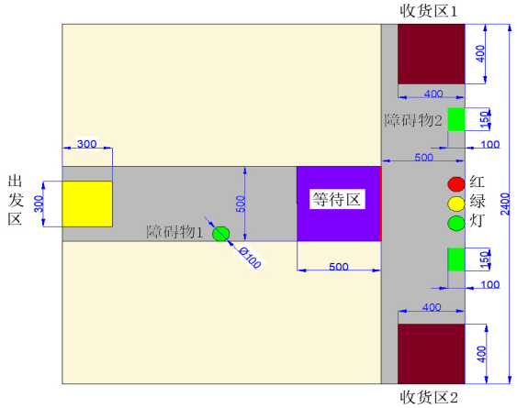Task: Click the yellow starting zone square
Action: (x=87, y=204)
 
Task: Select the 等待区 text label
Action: (x=337, y=199)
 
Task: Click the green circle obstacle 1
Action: (x=220, y=234)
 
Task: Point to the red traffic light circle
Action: (x=456, y=183)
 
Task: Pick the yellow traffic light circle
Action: (x=456, y=204)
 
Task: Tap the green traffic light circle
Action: (x=456, y=224)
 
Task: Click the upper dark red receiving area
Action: (x=432, y=54)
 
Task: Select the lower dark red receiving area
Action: (x=432, y=354)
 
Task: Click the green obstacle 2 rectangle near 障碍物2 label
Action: (x=456, y=119)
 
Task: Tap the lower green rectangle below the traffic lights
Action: (x=456, y=259)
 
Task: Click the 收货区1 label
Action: (x=429, y=11)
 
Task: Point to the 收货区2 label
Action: (x=429, y=397)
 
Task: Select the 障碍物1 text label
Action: (x=174, y=232)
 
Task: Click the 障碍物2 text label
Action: (x=413, y=120)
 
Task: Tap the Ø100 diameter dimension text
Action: (x=251, y=258)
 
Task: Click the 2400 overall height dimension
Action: (x=505, y=204)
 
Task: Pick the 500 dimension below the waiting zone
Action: (x=339, y=267)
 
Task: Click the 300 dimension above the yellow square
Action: (x=87, y=144)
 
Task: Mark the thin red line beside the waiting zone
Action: (x=381, y=204)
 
